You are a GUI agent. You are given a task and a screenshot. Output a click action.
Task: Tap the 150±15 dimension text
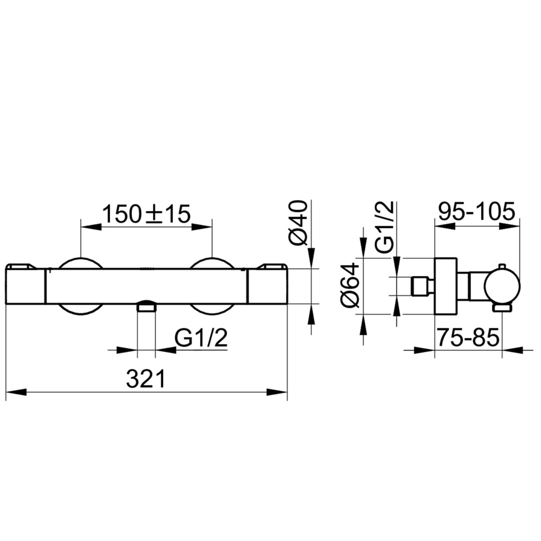pos(146,213)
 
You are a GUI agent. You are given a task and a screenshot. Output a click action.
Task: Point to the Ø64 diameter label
pos(350,286)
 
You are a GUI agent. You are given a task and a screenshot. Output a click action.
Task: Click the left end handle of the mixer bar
pos(26,284)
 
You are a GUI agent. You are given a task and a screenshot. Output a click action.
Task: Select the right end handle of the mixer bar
pos(267,284)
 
